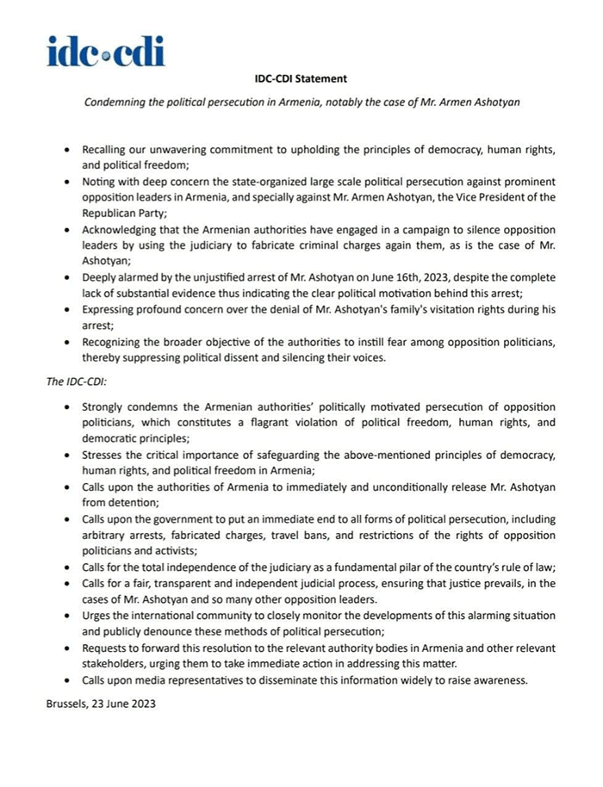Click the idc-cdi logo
click(x=106, y=51)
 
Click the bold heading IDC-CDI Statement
click(x=301, y=79)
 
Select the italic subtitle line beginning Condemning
click(x=301, y=102)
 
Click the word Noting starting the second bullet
click(x=100, y=183)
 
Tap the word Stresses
click(x=104, y=455)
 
